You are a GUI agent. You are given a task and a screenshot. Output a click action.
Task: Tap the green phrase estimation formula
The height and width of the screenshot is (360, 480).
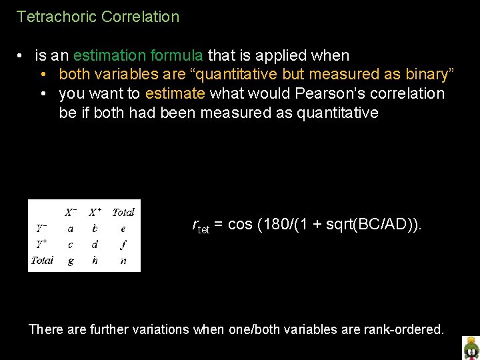139,55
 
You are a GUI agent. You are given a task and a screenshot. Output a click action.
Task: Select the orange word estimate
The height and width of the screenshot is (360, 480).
173,93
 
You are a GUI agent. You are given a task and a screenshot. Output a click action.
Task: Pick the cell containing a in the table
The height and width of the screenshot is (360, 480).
71,228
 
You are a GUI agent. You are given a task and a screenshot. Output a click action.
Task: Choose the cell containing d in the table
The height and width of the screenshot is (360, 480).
95,244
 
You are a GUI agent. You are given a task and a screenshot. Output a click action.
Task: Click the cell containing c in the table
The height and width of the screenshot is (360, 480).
71,244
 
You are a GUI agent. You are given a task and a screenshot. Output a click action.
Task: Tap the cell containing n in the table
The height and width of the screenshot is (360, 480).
123,261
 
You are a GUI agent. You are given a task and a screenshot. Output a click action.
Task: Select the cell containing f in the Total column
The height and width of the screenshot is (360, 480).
123,244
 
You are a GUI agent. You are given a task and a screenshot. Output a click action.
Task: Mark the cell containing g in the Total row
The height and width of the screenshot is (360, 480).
71,261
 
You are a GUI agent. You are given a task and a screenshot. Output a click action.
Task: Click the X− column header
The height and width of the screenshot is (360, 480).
71,212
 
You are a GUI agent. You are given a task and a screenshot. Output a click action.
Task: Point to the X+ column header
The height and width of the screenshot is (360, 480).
95,212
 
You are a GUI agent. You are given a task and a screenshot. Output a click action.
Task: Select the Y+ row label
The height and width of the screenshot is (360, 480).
41,244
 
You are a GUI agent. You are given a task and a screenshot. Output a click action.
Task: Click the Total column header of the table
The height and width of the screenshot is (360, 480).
123,212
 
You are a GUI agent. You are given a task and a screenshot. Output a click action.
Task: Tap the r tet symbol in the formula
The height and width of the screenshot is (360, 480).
201,226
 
